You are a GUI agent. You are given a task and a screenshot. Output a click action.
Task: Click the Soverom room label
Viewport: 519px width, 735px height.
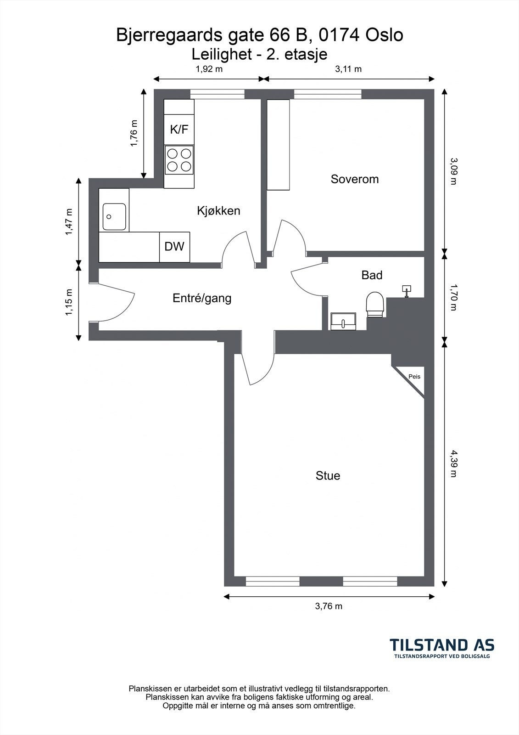354,179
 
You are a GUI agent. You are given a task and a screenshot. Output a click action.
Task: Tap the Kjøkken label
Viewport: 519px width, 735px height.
218,211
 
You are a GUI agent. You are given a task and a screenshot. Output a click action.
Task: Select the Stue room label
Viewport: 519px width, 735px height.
328,475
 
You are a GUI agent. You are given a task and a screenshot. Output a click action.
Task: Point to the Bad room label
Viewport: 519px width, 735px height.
372,275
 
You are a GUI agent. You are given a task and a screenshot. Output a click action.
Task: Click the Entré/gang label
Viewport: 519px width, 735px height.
202,298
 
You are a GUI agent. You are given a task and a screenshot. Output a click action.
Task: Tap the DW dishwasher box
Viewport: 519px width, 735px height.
174,247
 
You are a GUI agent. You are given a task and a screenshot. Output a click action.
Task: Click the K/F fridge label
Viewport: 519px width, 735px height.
179,130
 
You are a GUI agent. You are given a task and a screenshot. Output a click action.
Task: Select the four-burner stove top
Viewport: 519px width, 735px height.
179,160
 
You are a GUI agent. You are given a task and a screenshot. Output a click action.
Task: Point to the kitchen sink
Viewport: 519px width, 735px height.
114,216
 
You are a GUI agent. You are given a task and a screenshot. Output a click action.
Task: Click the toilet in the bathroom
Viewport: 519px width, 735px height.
375,305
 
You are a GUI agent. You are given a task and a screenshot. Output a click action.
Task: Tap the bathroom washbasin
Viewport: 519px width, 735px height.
343,321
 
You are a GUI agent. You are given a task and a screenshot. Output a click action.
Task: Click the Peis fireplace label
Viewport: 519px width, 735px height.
414,377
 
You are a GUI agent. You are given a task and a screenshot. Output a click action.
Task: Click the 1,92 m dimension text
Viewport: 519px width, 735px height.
209,69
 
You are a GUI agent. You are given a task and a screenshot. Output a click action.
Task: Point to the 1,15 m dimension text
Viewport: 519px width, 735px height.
69,302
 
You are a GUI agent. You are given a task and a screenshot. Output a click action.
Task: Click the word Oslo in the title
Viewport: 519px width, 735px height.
384,35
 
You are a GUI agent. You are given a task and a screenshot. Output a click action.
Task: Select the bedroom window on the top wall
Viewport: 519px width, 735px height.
328,94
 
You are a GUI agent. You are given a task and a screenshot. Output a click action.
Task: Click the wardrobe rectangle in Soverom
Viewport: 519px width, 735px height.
278,145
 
